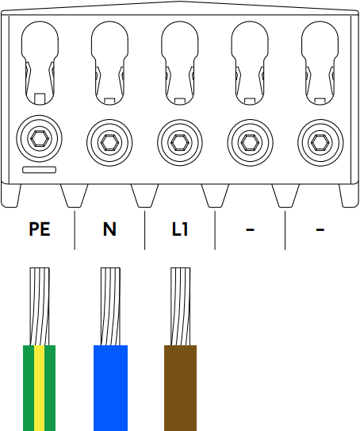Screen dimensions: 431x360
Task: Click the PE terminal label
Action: click(x=40, y=230)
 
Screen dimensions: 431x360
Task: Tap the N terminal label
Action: click(x=109, y=230)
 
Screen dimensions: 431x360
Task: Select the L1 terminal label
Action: click(x=180, y=230)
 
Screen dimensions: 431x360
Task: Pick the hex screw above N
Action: click(x=109, y=142)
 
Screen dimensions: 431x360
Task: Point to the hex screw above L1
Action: click(x=180, y=142)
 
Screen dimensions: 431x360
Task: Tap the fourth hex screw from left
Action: click(x=251, y=142)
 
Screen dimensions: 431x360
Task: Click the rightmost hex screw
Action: click(x=320, y=142)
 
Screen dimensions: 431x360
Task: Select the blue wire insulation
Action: click(x=110, y=387)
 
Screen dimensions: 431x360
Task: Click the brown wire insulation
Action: click(x=181, y=387)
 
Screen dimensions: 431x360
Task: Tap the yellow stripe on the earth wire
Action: click(x=40, y=387)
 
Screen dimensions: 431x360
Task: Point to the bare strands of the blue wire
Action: click(x=110, y=306)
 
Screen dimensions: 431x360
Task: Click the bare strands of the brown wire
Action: click(x=181, y=306)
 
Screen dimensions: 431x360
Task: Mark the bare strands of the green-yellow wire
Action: click(x=40, y=306)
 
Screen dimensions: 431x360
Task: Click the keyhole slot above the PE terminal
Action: click(x=39, y=60)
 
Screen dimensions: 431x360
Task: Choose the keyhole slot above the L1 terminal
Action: click(x=180, y=60)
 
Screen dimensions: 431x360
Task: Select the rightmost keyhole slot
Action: click(x=320, y=60)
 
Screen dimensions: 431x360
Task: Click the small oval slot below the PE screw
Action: click(x=38, y=171)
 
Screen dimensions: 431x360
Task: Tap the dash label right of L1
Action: click(x=251, y=230)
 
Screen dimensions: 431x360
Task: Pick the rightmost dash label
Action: click(x=320, y=230)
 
